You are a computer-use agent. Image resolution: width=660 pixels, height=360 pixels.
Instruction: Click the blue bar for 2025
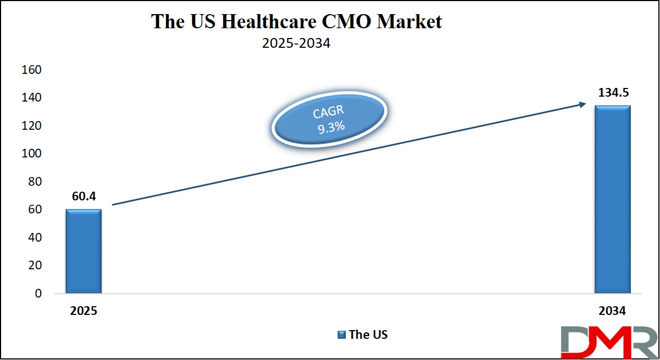coord(83,251)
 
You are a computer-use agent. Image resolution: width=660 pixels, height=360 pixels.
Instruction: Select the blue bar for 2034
coord(612,199)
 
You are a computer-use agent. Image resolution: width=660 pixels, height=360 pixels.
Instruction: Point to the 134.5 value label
coord(613,92)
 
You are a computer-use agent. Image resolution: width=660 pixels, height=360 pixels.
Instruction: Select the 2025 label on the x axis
coord(83,312)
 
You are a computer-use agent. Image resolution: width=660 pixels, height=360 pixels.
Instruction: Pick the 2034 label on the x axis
coord(612,312)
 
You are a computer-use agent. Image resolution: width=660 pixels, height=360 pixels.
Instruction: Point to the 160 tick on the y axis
coord(31,70)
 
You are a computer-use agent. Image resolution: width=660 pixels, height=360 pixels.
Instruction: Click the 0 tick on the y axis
coord(38,294)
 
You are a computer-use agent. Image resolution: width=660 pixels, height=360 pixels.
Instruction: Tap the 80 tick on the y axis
coord(34,182)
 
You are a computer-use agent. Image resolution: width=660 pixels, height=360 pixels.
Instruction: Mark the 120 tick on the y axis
coord(31,126)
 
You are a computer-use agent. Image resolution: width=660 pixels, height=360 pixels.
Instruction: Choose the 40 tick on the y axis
coord(34,238)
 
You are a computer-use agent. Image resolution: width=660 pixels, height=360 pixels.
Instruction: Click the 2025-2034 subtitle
coord(296,43)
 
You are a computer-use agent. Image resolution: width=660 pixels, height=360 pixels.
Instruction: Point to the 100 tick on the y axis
coord(31,154)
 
